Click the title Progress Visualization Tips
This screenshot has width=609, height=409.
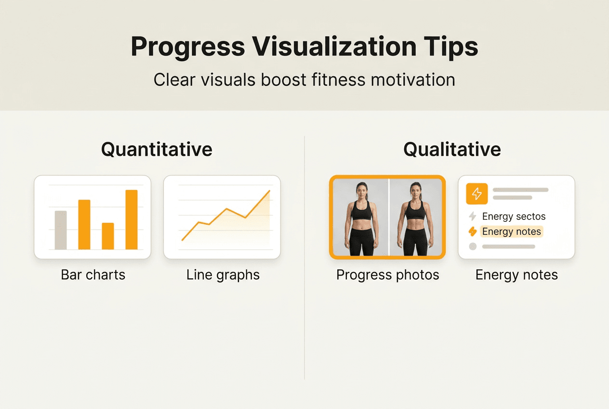tap(304, 47)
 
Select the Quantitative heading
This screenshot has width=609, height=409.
tap(157, 150)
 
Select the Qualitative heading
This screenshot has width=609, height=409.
tap(452, 150)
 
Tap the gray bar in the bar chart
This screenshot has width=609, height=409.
tap(61, 230)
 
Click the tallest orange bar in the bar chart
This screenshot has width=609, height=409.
tap(132, 219)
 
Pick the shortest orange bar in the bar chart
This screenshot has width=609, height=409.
tap(108, 236)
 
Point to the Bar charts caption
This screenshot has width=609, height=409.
tap(93, 275)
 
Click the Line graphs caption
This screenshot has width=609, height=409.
tap(223, 275)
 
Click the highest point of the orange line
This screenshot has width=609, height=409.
tap(269, 191)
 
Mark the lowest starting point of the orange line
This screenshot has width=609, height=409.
tap(182, 240)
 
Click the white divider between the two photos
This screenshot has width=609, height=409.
tap(389, 217)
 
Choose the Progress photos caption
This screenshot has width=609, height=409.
tap(388, 275)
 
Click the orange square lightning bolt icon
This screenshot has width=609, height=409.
tap(477, 194)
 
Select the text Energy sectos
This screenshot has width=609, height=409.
tap(514, 217)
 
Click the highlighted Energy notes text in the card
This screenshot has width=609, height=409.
tap(511, 232)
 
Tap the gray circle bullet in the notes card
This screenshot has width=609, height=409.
tap(473, 246)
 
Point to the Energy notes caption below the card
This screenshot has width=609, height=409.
tap(516, 275)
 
